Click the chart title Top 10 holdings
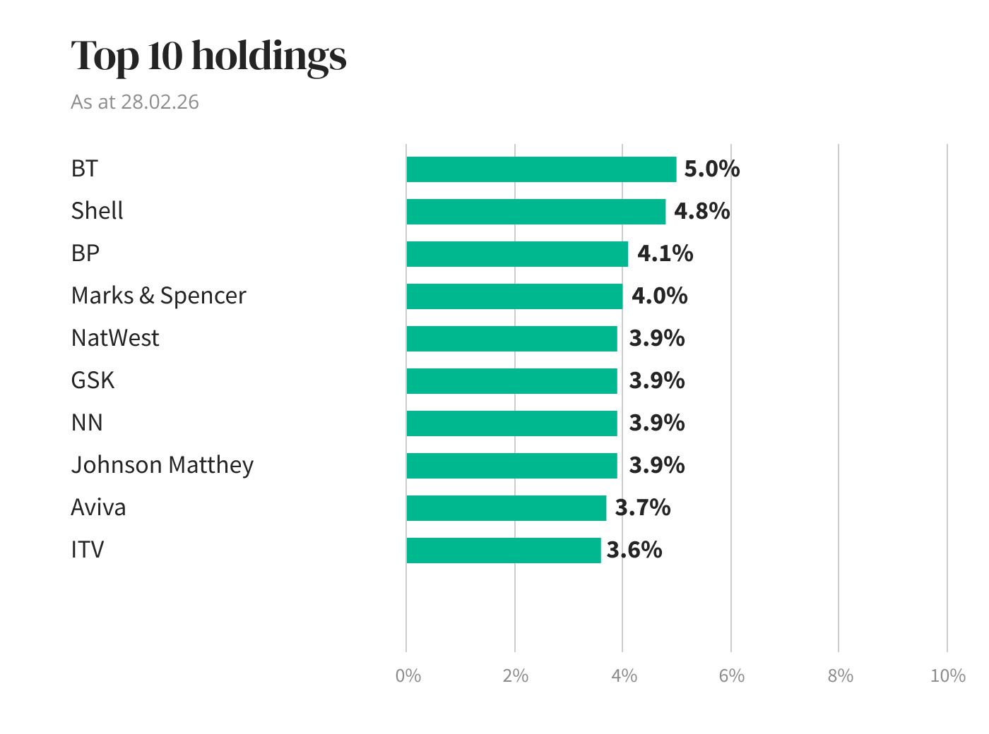click(208, 56)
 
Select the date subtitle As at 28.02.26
click(135, 102)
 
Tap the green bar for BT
click(541, 169)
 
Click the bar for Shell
click(535, 212)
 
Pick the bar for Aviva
click(506, 508)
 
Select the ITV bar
click(503, 550)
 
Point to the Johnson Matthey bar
click(511, 466)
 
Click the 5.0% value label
click(711, 169)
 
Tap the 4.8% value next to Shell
click(701, 212)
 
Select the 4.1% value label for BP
click(665, 254)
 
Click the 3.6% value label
click(634, 550)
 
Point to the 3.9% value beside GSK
click(656, 381)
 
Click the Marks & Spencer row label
click(158, 296)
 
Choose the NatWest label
click(115, 338)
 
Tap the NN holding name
click(87, 423)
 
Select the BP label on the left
click(85, 253)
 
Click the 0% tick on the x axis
click(408, 676)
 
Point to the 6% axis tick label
click(731, 676)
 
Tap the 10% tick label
click(947, 676)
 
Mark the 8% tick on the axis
click(840, 676)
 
